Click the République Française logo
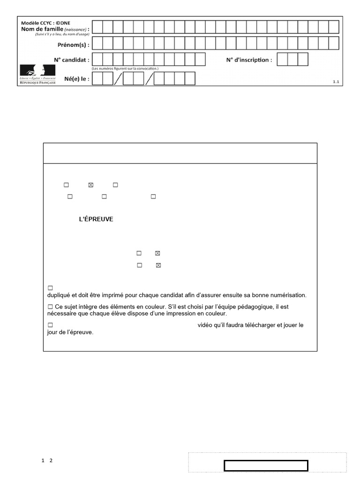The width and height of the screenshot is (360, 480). click(x=37, y=75)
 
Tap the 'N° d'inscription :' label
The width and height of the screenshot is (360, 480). click(x=249, y=60)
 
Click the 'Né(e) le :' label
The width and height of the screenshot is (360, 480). click(x=75, y=79)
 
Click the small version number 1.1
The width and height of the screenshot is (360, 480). click(x=336, y=82)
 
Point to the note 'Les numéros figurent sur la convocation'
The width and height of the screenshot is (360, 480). click(x=126, y=68)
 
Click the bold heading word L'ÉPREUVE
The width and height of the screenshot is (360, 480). click(x=96, y=219)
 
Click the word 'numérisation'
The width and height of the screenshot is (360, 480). click(x=288, y=295)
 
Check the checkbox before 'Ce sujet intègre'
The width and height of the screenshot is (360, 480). click(x=50, y=307)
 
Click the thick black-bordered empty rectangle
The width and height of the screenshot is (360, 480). click(x=266, y=465)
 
